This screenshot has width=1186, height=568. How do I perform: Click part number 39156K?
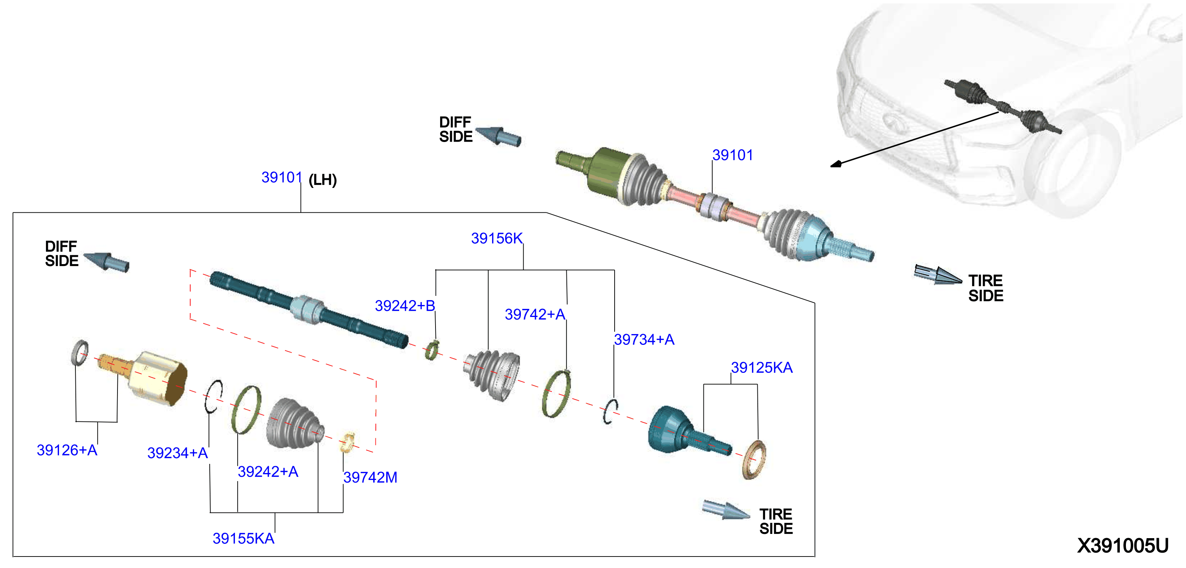pos(496,238)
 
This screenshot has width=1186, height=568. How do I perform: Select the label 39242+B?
pos(405,306)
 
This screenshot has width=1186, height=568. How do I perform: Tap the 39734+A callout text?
pos(644,340)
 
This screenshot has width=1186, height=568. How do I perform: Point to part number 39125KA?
pos(762,368)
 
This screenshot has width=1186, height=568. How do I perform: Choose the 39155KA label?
pos(243,539)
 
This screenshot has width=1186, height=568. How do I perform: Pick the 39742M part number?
pos(370,478)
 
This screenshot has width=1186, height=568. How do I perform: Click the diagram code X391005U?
pos(1122,546)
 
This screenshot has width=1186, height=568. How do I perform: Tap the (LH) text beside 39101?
pos(322,180)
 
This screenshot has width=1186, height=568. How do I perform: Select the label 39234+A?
pos(177,453)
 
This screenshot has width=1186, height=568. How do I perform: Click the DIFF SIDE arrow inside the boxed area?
pos(106,262)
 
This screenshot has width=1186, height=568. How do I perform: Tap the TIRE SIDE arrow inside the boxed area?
pos(726,509)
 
